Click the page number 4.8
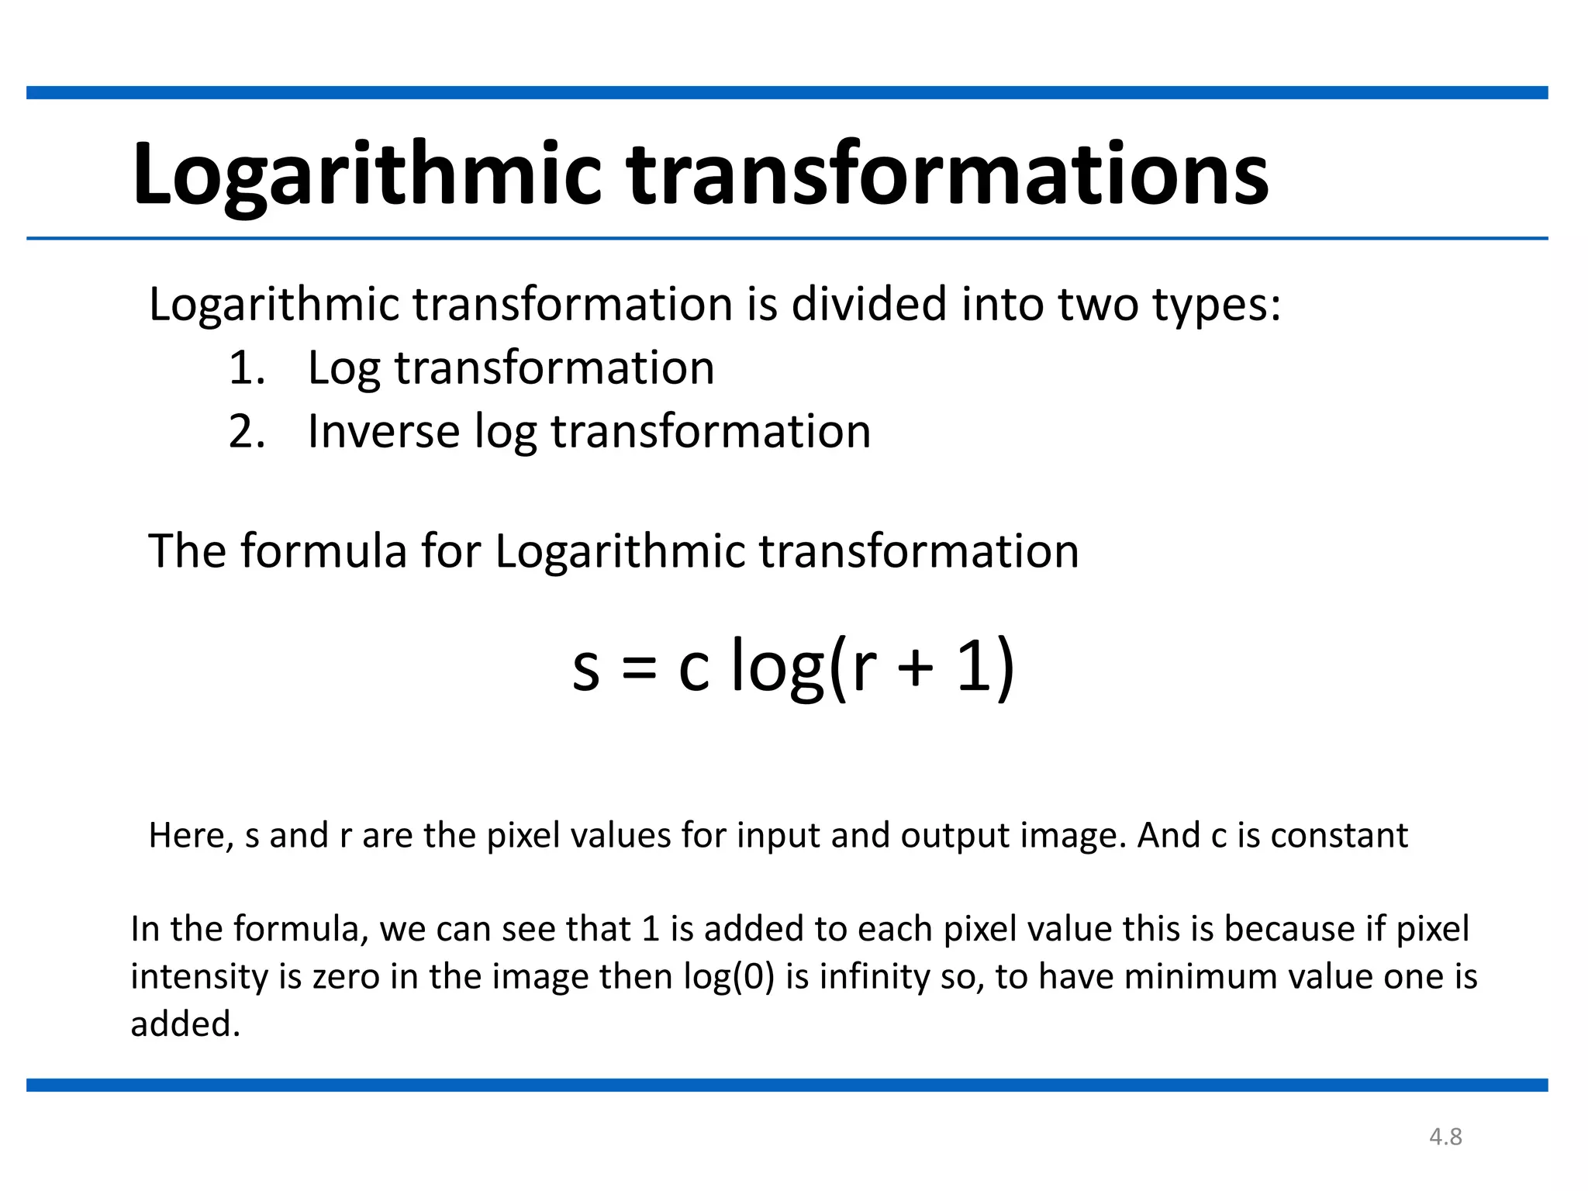(x=1445, y=1137)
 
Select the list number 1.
(x=247, y=368)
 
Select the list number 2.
(x=247, y=432)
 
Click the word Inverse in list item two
(x=383, y=432)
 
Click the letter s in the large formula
(x=585, y=668)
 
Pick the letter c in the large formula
(x=693, y=668)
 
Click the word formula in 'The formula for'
(x=323, y=551)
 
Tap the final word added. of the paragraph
(x=185, y=1024)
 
